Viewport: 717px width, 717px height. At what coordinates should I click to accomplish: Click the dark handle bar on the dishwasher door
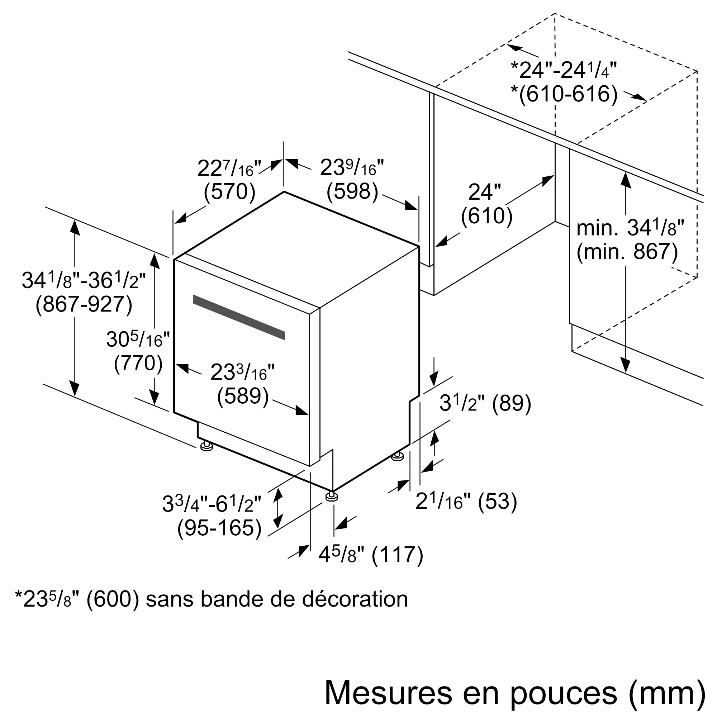coord(239,317)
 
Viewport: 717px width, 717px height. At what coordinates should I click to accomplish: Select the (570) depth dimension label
coord(229,192)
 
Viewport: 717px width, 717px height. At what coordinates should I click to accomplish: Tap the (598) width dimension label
coord(352,192)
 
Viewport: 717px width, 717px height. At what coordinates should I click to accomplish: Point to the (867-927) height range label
coord(84,305)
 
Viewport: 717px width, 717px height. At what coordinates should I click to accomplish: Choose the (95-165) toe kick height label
coord(219,528)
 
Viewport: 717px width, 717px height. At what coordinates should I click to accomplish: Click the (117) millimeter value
coord(397,555)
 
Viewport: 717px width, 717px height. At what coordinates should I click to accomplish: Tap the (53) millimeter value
coord(497,502)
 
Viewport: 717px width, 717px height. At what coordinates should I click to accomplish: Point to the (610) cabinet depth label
coord(486,215)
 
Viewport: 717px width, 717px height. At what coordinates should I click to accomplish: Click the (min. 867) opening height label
coord(627,251)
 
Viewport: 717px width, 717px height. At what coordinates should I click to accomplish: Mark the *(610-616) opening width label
coord(564,94)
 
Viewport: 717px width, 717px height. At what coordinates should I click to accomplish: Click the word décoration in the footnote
coord(355,599)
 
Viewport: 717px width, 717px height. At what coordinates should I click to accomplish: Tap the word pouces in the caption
coord(563,692)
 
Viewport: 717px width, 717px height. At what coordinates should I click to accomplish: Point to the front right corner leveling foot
coord(331,497)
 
